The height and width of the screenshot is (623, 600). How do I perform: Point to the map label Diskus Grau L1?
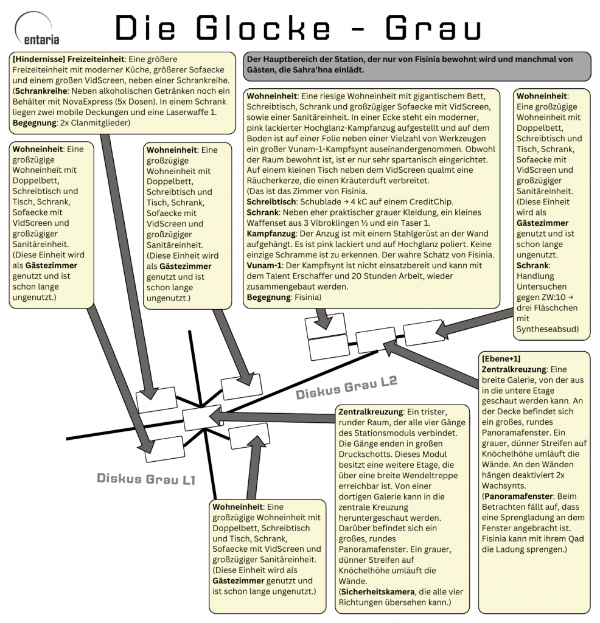pyautogui.click(x=146, y=479)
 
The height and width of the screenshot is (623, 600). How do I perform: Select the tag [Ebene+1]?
pyautogui.click(x=501, y=358)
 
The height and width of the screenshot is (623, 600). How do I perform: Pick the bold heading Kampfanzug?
pyautogui.click(x=271, y=232)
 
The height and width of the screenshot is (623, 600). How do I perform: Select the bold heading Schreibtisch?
pyautogui.click(x=271, y=201)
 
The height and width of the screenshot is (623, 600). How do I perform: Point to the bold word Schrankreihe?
pyautogui.click(x=41, y=91)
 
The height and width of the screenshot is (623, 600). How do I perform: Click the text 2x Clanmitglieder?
pyautogui.click(x=95, y=124)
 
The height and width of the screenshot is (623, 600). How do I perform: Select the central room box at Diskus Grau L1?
pyautogui.click(x=202, y=418)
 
